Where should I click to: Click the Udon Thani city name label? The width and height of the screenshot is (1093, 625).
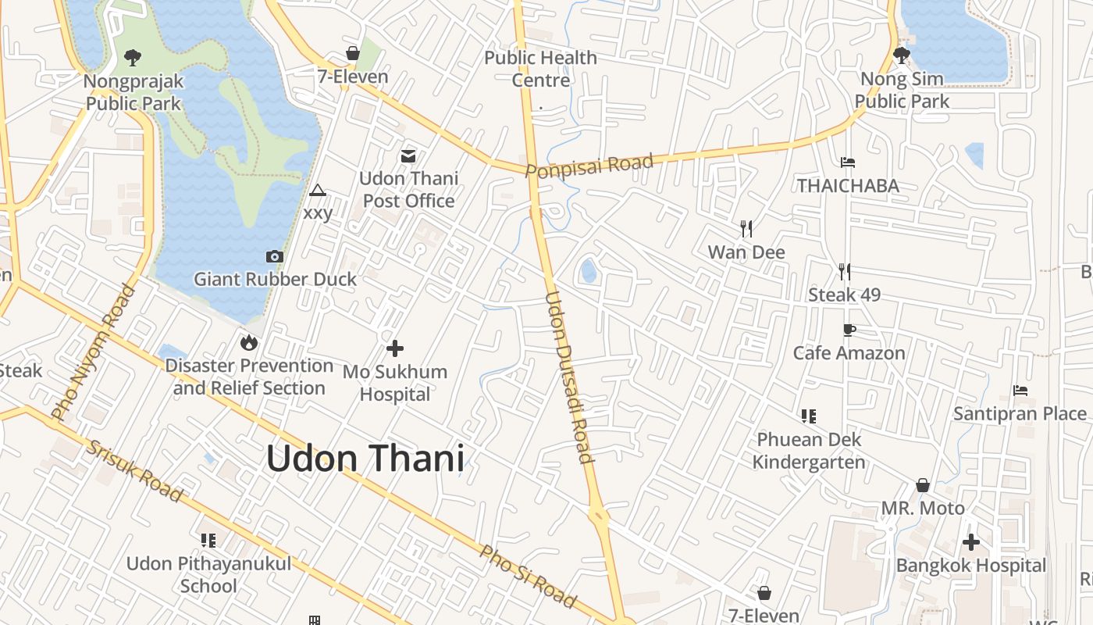click(x=365, y=459)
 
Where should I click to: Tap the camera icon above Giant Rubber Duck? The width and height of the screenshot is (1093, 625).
click(x=275, y=256)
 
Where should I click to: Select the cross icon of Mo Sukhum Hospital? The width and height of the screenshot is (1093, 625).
click(x=395, y=348)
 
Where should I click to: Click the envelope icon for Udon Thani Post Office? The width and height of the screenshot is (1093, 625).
click(x=408, y=156)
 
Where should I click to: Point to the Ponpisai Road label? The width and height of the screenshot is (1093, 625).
click(x=589, y=166)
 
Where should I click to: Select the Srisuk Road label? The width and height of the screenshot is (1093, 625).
click(x=134, y=471)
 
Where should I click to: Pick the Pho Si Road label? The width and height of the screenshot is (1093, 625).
click(x=528, y=577)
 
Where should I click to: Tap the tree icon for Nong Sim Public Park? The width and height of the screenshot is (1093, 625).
click(x=902, y=55)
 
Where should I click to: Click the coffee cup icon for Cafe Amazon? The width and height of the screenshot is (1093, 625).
click(x=849, y=330)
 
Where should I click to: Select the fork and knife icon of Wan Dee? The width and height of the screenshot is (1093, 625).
click(x=746, y=229)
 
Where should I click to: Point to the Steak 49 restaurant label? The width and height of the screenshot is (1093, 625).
click(x=844, y=295)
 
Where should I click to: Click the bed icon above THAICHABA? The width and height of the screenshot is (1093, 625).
click(x=848, y=162)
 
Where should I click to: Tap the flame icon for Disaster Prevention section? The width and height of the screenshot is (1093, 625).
click(x=249, y=342)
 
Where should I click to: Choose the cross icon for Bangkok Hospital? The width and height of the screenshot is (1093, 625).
click(x=970, y=542)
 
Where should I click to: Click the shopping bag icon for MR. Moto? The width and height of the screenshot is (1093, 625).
click(x=923, y=485)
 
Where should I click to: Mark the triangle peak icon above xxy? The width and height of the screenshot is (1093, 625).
click(x=317, y=190)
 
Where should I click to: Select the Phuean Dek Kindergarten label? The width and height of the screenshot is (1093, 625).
click(x=809, y=451)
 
